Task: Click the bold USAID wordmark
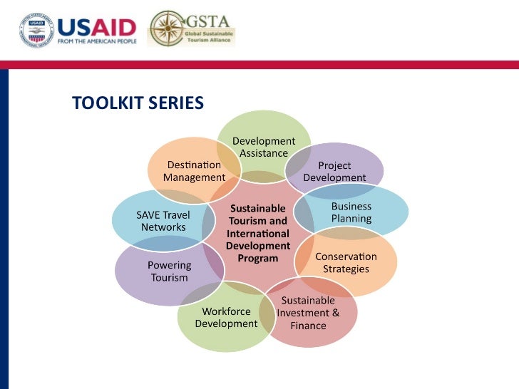tap(96, 28)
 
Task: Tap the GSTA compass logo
tap(167, 28)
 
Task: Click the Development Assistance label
tap(263, 147)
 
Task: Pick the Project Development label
tap(334, 172)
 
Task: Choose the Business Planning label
tap(351, 212)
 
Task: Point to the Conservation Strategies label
tap(346, 262)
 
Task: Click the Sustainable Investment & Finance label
tap(308, 313)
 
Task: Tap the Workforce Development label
tap(226, 317)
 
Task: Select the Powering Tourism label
tap(169, 271)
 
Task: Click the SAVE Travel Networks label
tap(163, 221)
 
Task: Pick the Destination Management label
tap(194, 171)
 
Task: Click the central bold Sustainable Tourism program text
tap(257, 233)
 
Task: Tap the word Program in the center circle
tap(257, 259)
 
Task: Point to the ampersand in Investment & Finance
tap(335, 313)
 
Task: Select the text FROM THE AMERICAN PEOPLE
tap(96, 41)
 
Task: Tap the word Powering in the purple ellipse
tap(169, 265)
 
